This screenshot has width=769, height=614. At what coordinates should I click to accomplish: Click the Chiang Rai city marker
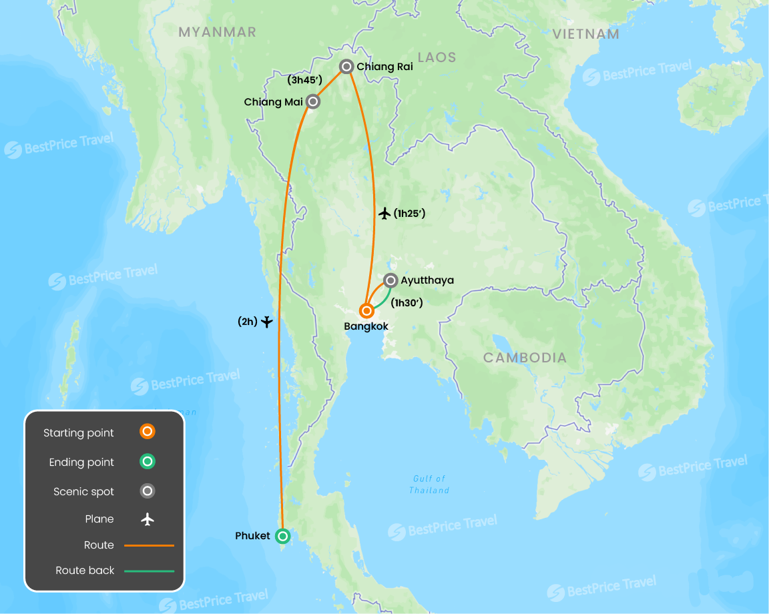[x=346, y=66]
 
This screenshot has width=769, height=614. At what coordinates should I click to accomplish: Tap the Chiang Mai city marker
[x=312, y=101]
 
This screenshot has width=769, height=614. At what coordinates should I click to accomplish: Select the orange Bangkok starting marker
[x=366, y=310]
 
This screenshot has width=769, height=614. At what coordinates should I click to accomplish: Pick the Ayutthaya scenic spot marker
[x=391, y=280]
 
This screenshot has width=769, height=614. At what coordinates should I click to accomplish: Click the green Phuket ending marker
[x=283, y=536]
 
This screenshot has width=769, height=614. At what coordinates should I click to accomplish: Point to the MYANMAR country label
[x=217, y=32]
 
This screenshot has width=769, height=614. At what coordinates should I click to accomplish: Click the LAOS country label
[x=437, y=57]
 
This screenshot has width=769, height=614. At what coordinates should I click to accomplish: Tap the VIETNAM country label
[x=586, y=34]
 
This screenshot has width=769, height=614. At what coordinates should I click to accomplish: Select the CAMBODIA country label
[x=525, y=358]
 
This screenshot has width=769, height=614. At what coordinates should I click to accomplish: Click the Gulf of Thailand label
[x=429, y=485]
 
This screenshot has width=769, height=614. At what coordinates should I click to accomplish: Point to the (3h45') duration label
[x=304, y=81]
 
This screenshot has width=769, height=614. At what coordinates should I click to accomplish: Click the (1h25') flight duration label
[x=409, y=214]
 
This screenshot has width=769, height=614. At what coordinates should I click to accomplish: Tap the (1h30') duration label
[x=407, y=302]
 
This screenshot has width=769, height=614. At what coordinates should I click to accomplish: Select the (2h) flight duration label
[x=247, y=322]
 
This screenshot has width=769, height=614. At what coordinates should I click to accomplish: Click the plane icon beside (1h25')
[x=384, y=214]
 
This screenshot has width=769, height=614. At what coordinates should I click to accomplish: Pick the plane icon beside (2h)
[x=267, y=322]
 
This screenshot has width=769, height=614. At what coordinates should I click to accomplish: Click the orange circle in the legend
[x=148, y=432]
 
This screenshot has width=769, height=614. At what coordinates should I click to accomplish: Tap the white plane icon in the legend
[x=148, y=519]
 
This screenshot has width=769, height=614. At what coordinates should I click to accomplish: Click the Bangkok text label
[x=366, y=326]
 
